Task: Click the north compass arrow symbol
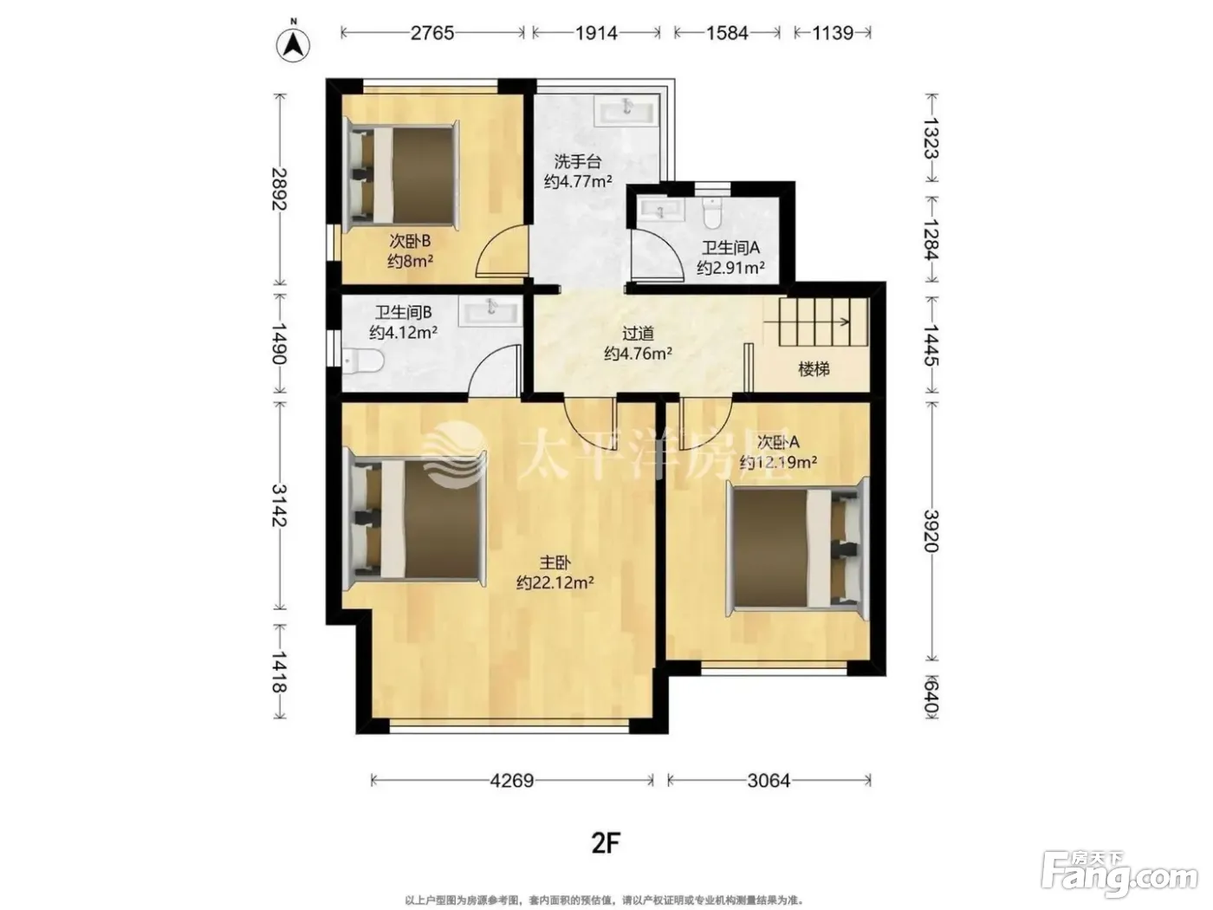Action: [294, 44]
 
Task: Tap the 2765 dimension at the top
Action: [432, 33]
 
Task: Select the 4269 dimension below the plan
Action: [512, 780]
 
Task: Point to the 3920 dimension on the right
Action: [931, 531]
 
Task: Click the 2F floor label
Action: [606, 843]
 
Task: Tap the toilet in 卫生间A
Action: [713, 212]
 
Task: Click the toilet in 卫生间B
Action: [362, 361]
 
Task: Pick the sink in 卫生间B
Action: [490, 312]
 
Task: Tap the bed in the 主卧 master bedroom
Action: [414, 520]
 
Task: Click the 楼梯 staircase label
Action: [814, 369]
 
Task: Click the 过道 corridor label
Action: [639, 333]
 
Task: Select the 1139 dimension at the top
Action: [833, 33]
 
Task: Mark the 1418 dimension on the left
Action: [280, 671]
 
